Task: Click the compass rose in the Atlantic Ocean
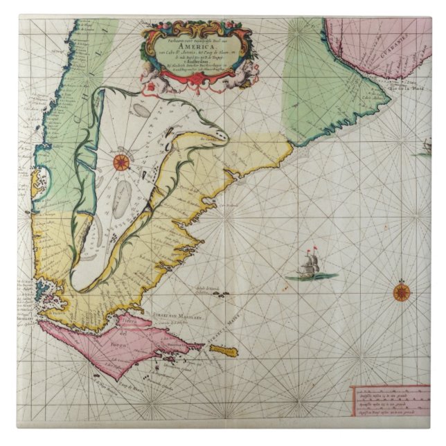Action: [401, 292]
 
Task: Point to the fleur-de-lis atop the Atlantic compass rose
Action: [401, 280]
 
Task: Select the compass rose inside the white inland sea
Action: [121, 162]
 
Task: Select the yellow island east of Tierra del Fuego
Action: [223, 350]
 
